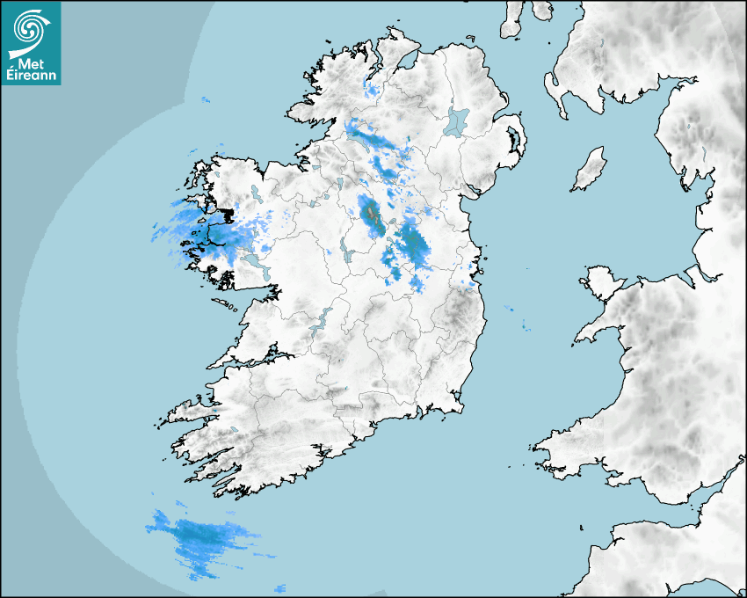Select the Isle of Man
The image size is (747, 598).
(x=590, y=170)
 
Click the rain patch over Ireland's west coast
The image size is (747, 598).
(x=198, y=229)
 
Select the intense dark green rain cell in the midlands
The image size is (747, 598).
(x=372, y=215)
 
